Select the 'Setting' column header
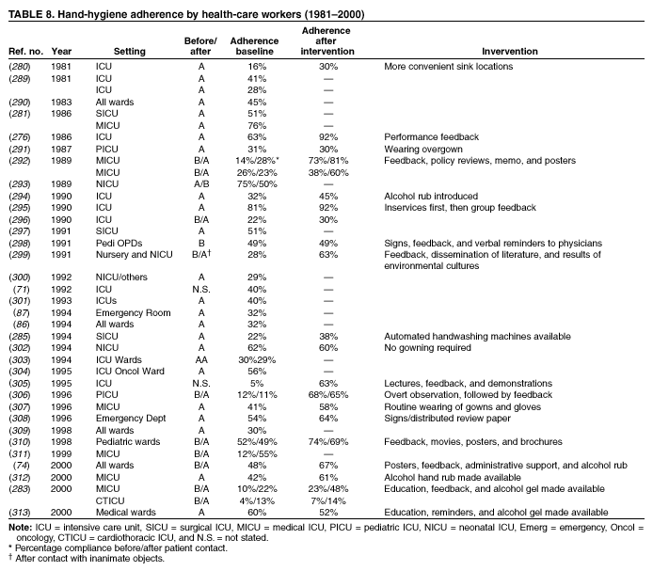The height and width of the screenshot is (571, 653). pyautogui.click(x=129, y=51)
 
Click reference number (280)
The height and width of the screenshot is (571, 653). pyautogui.click(x=19, y=67)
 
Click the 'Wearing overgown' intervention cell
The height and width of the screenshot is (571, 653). pyautogui.click(x=426, y=149)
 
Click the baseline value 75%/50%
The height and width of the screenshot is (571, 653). pyautogui.click(x=250, y=183)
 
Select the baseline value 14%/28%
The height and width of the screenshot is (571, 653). pyautogui.click(x=250, y=161)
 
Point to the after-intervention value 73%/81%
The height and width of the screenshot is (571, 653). pyautogui.click(x=326, y=161)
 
